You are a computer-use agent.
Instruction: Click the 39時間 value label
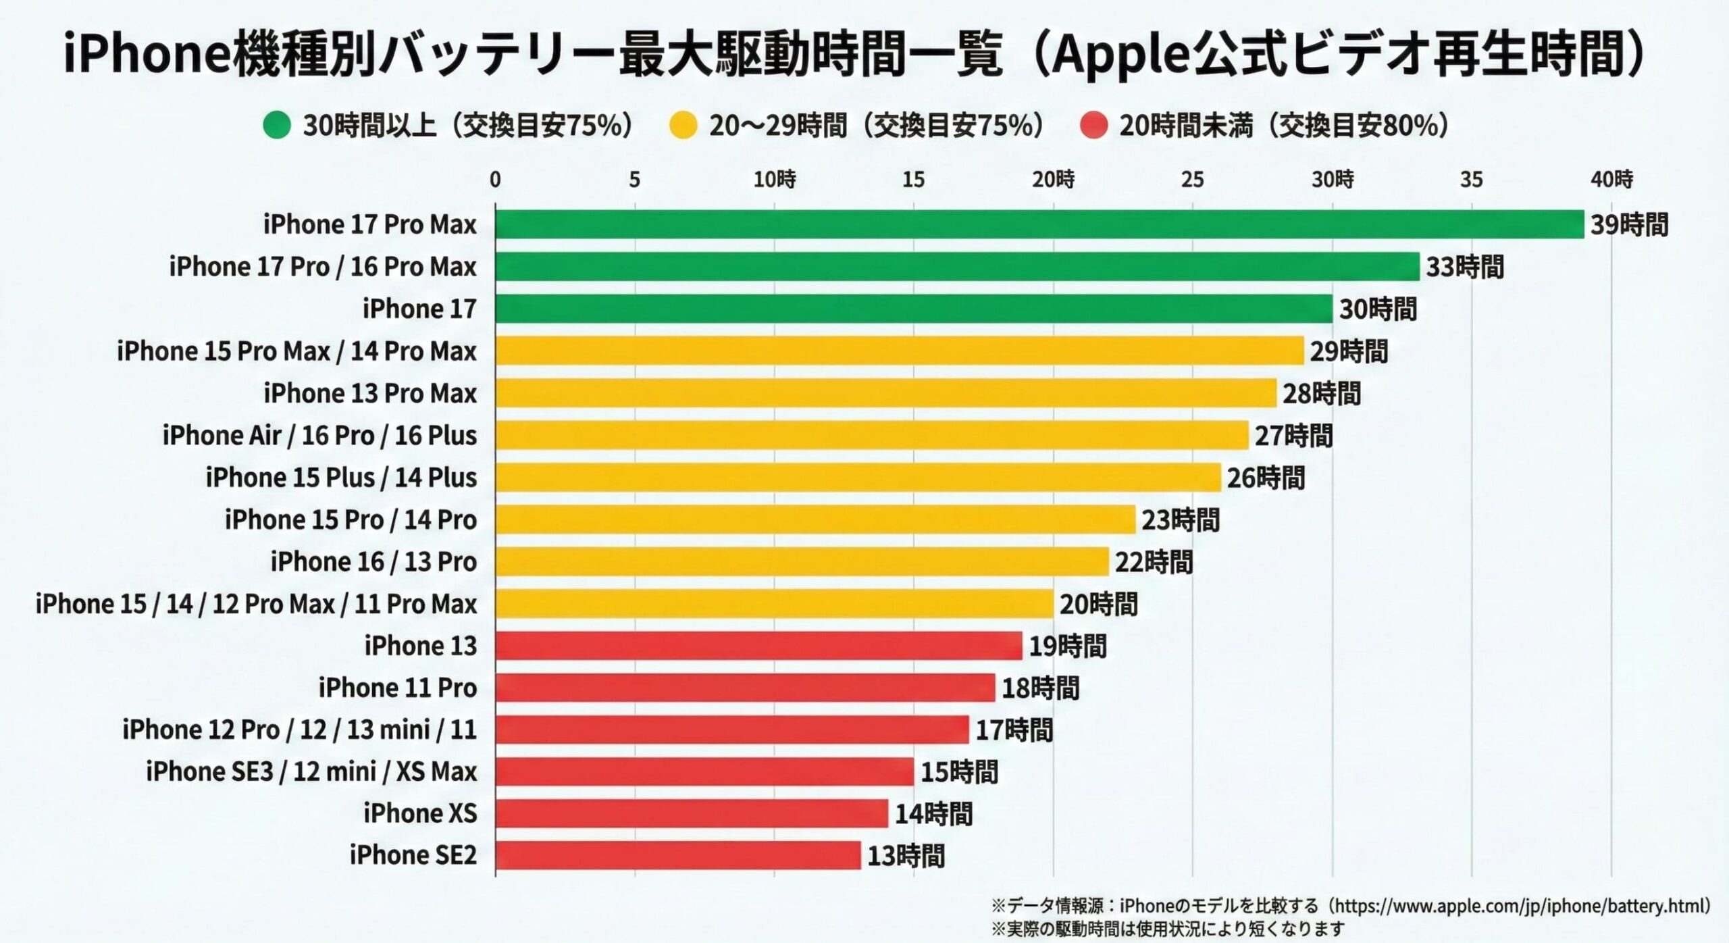point(1629,225)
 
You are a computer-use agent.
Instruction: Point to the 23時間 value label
point(1180,520)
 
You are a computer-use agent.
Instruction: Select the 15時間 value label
point(959,772)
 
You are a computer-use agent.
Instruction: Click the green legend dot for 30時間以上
point(277,125)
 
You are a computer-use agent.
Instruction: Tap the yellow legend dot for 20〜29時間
point(683,125)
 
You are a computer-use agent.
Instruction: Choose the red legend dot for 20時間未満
point(1093,125)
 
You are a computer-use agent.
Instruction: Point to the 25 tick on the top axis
point(1192,180)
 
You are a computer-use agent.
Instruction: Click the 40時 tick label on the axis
point(1611,180)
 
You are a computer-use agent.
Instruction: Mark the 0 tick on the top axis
point(495,180)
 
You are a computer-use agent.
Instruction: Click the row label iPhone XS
point(420,813)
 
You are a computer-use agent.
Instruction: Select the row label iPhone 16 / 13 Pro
point(373,562)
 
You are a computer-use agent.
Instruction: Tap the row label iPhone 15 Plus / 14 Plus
point(341,478)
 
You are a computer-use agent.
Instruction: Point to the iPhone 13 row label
point(420,646)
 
